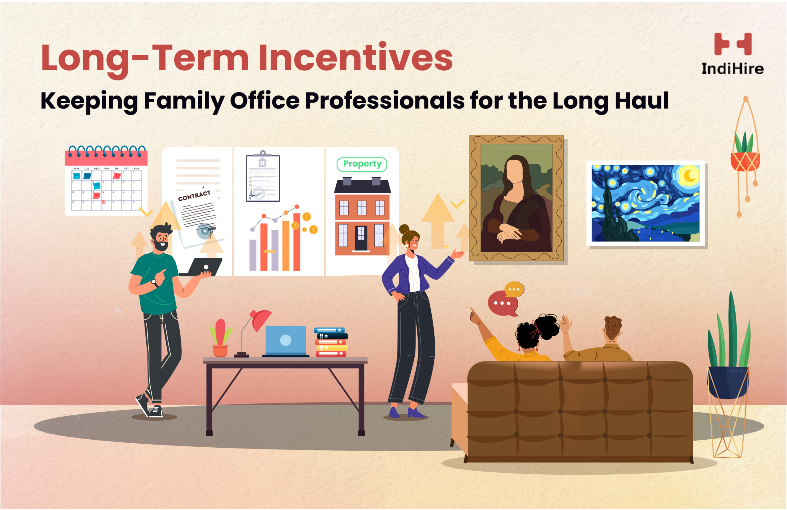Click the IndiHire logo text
point(733,69)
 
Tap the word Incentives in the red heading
point(355,58)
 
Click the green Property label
point(362,164)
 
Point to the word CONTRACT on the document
point(194,196)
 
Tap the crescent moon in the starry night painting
point(689,175)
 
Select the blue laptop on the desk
point(286,340)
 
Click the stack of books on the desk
point(331,342)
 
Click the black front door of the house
point(361,238)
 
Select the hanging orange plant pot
point(745,162)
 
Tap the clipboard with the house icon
point(263,178)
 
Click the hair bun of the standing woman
point(404,229)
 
